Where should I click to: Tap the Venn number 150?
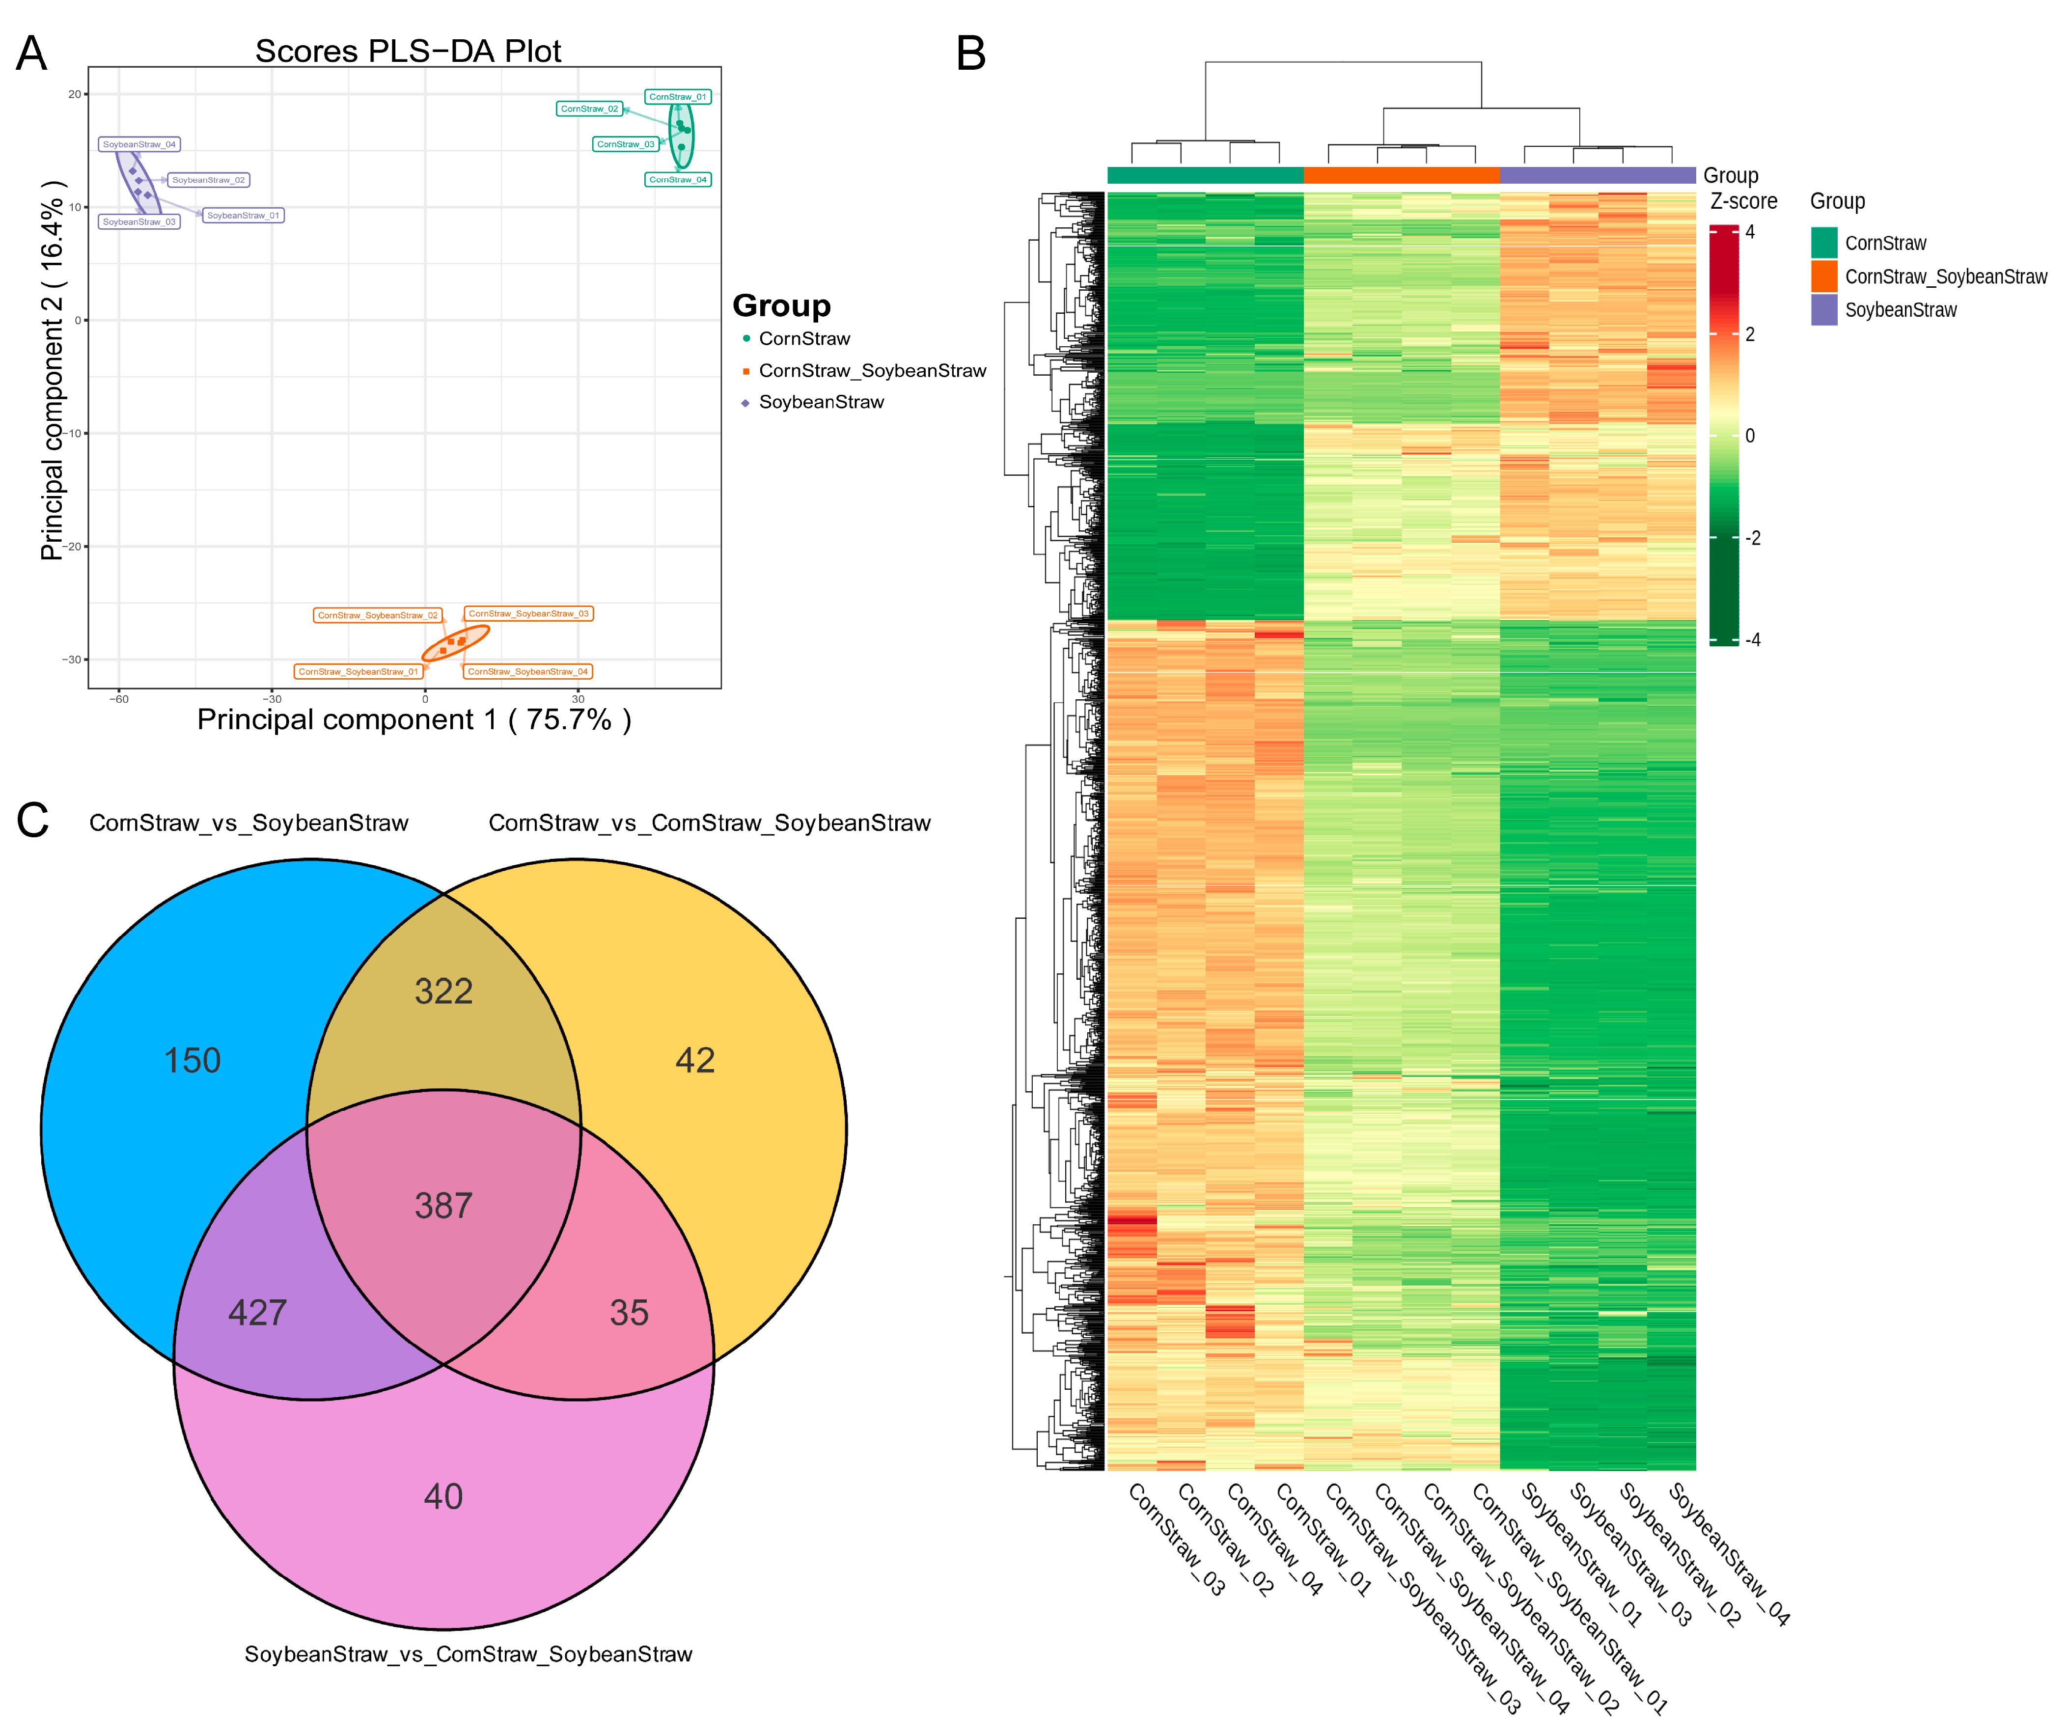point(192,1061)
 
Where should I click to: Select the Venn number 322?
point(443,991)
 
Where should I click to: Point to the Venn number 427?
point(257,1313)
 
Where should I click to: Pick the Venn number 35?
point(629,1313)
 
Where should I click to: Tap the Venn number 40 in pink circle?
point(443,1497)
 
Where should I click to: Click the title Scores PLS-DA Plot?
point(408,51)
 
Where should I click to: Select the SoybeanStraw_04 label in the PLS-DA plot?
point(139,145)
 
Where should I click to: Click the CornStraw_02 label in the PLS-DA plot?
point(589,109)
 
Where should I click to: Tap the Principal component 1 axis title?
point(414,720)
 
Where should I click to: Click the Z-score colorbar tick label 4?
point(1750,232)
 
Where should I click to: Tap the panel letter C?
point(32,820)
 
